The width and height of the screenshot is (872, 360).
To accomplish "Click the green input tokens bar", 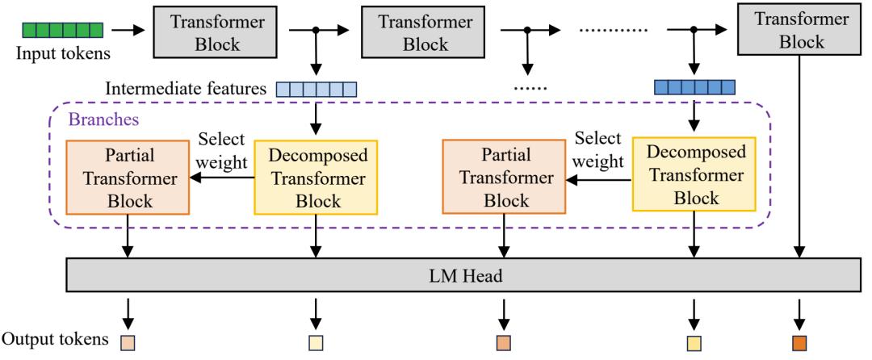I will pyautogui.click(x=73, y=31).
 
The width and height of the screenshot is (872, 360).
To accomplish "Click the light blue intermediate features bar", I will pyautogui.click(x=316, y=89).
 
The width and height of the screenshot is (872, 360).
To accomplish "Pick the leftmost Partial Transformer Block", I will pyautogui.click(x=128, y=178).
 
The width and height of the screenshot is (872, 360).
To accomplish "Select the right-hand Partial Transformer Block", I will pyautogui.click(x=505, y=178).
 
